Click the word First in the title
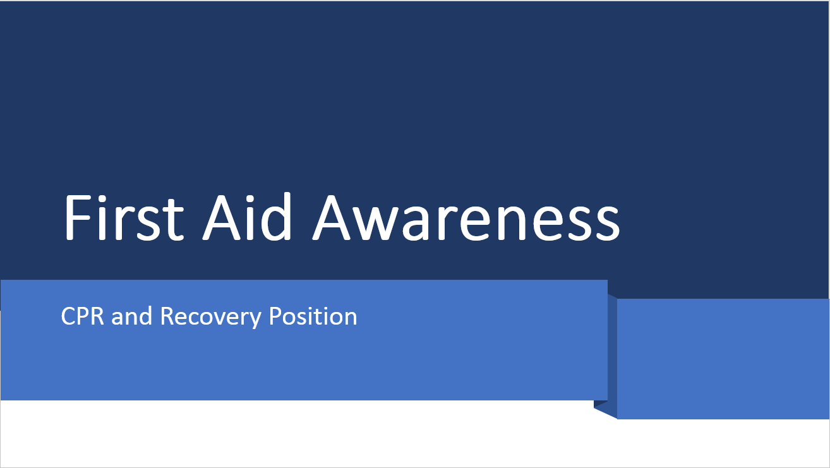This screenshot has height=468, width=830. click(x=124, y=217)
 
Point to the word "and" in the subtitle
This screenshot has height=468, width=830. click(x=132, y=316)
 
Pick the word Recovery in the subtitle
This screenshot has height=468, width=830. click(x=210, y=316)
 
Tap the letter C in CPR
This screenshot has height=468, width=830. click(x=68, y=316)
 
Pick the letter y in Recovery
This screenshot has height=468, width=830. click(x=255, y=318)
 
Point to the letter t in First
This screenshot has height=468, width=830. click(x=174, y=220)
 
